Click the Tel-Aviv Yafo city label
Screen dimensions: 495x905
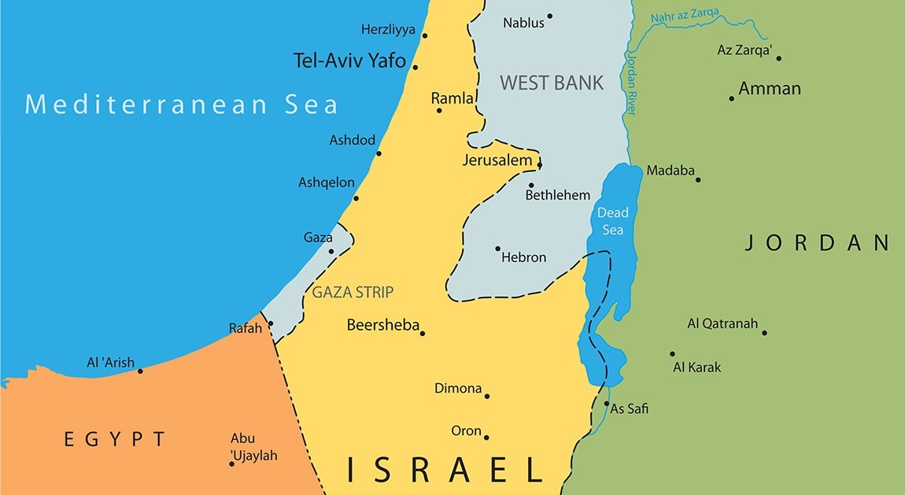(x=349, y=61)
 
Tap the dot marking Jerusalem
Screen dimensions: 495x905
(x=540, y=164)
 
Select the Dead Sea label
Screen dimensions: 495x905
(x=612, y=221)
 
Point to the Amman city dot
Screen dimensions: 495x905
(x=732, y=98)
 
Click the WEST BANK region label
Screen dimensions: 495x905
(x=552, y=83)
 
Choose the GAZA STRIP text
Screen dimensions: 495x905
(x=353, y=292)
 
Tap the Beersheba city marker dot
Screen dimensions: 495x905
(x=423, y=334)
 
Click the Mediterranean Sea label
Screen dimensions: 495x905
(x=182, y=104)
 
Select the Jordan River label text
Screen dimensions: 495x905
(x=630, y=83)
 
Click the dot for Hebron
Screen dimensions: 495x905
(x=497, y=249)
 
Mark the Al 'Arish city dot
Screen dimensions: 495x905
(x=140, y=371)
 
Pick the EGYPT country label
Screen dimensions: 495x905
(x=116, y=439)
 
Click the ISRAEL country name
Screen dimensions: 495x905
(x=445, y=470)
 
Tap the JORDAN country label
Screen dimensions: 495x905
(x=818, y=242)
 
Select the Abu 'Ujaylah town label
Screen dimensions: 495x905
(x=253, y=447)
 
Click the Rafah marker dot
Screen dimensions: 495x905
(x=270, y=323)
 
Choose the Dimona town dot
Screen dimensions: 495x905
(x=487, y=396)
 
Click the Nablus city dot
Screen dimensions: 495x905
(x=550, y=16)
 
